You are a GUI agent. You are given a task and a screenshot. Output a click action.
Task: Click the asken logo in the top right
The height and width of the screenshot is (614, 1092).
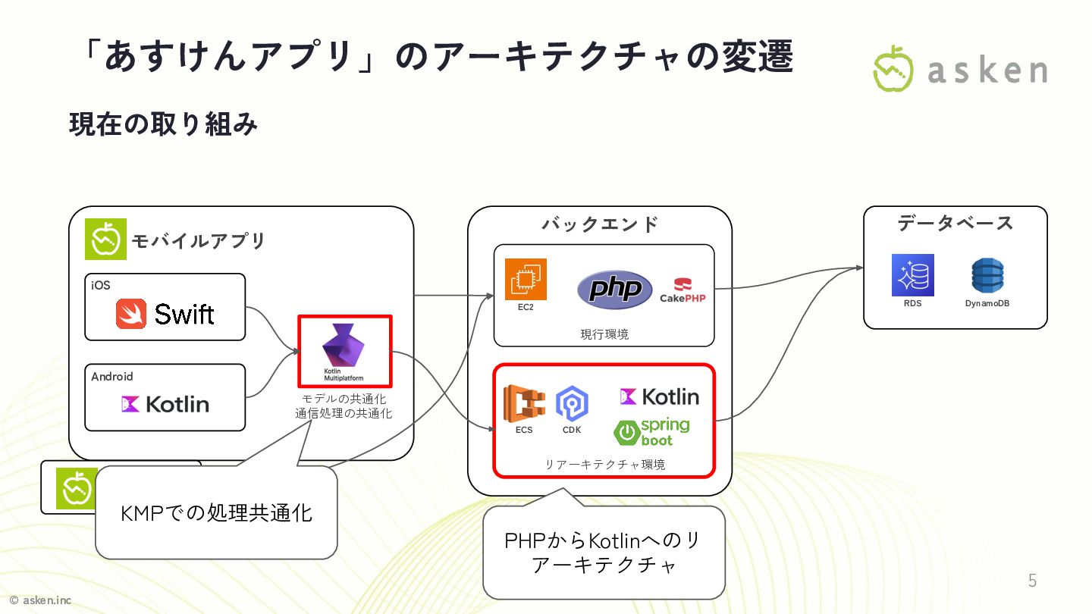[x=961, y=69]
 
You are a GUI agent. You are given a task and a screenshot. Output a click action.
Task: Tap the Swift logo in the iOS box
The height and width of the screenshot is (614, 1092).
[x=165, y=314]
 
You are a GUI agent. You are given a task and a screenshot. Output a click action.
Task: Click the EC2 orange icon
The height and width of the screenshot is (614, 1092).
[x=526, y=280]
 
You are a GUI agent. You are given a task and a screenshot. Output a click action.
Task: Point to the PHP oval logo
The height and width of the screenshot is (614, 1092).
[x=615, y=289]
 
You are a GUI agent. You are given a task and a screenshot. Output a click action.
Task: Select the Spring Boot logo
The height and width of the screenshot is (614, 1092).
[x=652, y=432]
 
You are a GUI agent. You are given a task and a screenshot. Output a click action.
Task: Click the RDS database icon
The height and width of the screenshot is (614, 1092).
[x=912, y=275]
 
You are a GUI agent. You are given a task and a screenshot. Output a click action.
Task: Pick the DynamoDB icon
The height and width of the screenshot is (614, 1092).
[x=987, y=276]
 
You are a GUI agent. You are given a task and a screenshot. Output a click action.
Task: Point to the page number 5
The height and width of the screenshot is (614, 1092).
[x=1032, y=581]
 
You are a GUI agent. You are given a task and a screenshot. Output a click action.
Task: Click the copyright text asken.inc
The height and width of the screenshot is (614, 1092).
[x=41, y=600]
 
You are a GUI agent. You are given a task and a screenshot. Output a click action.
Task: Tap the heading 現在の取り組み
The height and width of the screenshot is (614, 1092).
[x=163, y=124]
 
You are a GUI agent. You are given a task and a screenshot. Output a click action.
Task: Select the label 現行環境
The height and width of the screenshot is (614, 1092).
[x=604, y=334]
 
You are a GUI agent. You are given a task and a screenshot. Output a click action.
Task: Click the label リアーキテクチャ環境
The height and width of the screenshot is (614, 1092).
[x=604, y=464]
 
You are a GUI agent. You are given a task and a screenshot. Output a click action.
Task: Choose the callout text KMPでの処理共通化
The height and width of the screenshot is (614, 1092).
[x=216, y=513]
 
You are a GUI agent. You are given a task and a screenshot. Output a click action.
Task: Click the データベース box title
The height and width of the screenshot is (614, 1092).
[x=955, y=223]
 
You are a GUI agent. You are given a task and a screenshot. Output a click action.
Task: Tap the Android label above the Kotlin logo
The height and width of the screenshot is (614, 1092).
[x=112, y=376]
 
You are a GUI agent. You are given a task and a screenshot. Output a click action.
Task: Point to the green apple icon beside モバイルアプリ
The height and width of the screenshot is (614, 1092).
[x=105, y=240]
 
